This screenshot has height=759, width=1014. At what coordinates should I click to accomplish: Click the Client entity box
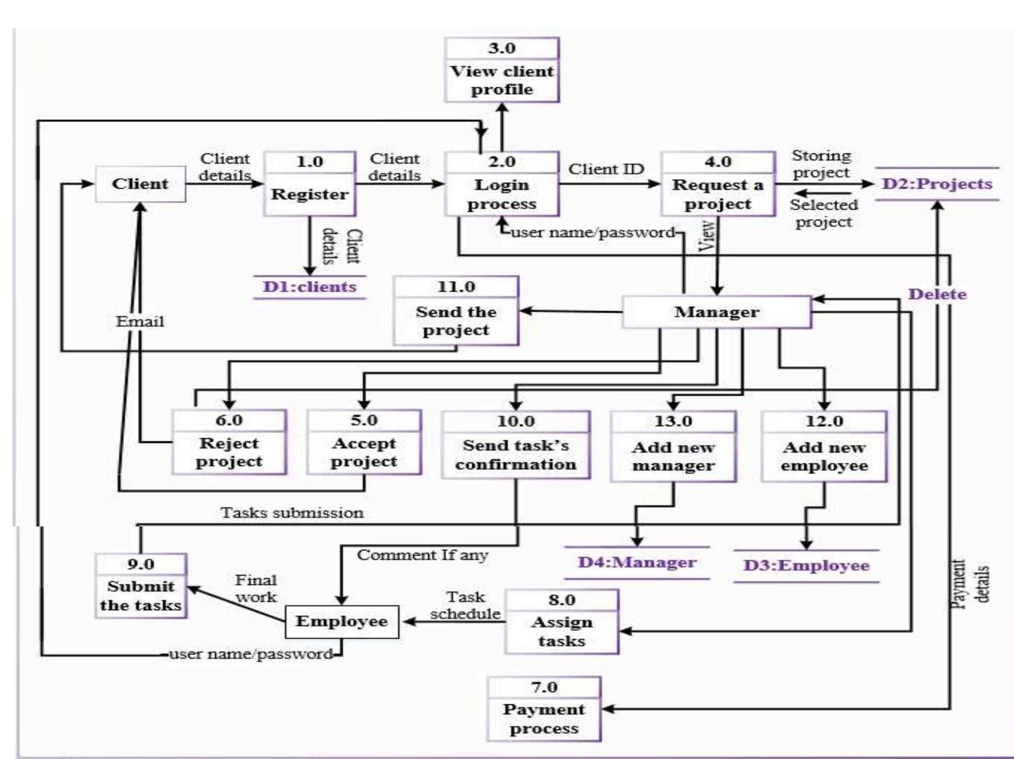(x=140, y=184)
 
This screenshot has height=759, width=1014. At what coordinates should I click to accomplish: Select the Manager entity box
(x=716, y=312)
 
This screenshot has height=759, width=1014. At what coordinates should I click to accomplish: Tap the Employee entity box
(x=341, y=622)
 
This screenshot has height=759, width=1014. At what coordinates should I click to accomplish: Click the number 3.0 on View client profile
(x=502, y=49)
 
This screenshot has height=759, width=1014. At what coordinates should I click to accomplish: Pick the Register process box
(x=309, y=193)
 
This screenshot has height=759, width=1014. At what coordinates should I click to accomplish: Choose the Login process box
(x=502, y=194)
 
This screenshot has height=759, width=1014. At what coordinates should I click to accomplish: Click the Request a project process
(x=717, y=194)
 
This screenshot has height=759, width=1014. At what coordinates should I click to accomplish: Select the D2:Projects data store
(x=937, y=184)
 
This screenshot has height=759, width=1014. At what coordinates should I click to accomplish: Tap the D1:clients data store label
(x=309, y=287)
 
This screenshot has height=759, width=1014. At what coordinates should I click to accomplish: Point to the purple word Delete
(x=937, y=295)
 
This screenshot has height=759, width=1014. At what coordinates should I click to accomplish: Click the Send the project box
(x=456, y=320)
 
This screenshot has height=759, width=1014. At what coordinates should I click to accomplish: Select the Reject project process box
(x=229, y=452)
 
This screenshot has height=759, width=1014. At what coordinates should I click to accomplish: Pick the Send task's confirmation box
(x=516, y=454)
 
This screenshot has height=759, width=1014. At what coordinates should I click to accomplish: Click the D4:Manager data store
(x=637, y=562)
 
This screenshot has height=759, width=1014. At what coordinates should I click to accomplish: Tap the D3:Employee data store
(x=806, y=565)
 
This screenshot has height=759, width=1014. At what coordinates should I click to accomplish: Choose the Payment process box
(x=544, y=718)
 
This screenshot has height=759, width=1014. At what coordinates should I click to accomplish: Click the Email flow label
(x=139, y=322)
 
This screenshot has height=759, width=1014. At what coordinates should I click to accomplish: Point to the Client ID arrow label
(x=606, y=169)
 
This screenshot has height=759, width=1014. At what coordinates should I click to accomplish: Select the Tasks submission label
(x=292, y=513)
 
